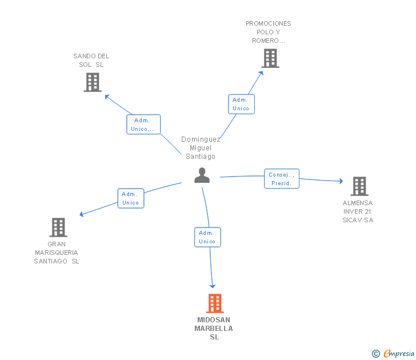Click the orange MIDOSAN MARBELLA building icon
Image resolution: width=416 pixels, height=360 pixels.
coord(215,303)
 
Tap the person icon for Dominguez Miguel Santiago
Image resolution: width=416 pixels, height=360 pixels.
coord(202,175)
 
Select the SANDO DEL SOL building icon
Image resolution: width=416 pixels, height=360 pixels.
coord(93,82)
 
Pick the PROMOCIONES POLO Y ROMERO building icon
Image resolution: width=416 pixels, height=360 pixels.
coord(270,58)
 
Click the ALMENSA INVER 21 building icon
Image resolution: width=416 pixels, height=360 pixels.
coord(359,186)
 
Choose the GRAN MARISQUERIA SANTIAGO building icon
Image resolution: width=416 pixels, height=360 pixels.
coord(58,227)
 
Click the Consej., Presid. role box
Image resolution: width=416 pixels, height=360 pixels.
coord(282,178)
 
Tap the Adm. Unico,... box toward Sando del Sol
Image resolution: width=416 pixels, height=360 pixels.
coord(143,125)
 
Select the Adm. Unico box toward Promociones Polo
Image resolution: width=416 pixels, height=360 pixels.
coord(241,104)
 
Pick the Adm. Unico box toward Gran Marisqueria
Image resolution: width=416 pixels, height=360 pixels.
coord(131,198)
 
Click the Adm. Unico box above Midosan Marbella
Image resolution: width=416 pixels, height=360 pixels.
coord(207,237)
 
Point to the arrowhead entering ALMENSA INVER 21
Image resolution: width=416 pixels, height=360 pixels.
coord(342,181)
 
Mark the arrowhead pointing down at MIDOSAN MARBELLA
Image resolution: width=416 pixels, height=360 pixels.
coord(213,286)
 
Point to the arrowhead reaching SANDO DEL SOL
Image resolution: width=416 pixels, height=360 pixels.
coord(107,97)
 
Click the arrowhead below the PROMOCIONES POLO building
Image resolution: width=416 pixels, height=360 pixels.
coord(261,73)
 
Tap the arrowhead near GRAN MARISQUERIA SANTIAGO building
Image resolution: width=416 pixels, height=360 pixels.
coord(82,214)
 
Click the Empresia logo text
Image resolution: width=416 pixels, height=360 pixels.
coord(399,353)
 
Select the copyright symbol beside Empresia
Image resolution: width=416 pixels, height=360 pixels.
coord(375,354)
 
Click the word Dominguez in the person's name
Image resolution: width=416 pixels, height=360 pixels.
coord(201,139)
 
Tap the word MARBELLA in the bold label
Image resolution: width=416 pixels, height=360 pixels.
coord(214,329)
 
